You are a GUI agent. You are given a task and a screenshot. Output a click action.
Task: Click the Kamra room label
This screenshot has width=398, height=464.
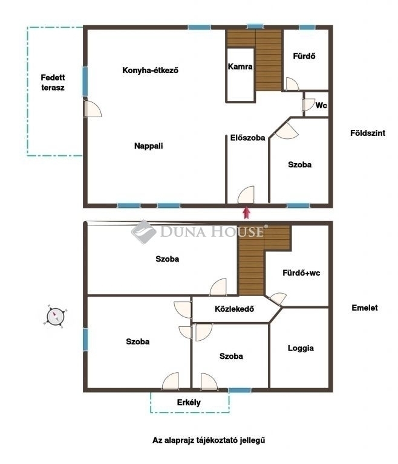[x=240, y=66]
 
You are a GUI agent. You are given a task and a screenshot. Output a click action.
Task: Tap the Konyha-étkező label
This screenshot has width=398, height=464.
[x=150, y=71]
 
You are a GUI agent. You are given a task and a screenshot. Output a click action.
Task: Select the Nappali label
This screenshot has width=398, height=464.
[x=148, y=146]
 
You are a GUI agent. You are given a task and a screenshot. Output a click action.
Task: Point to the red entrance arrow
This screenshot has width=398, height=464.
[x=246, y=213]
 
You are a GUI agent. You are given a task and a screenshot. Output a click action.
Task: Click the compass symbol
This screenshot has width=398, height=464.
[x=55, y=317]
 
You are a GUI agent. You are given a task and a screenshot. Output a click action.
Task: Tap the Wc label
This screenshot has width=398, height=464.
[x=321, y=105]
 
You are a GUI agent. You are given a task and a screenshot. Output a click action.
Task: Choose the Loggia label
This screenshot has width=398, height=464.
[x=301, y=348]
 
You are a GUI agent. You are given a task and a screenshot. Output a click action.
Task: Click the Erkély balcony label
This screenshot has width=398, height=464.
[x=189, y=402]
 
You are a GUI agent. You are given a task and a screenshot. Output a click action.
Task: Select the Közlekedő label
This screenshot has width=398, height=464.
[x=235, y=309]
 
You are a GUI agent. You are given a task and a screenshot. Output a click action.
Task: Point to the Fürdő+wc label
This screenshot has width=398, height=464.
[x=301, y=273]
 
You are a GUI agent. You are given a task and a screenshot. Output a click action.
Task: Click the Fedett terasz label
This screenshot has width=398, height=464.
[x=53, y=83]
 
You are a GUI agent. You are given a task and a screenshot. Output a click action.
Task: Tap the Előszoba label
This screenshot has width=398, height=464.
[x=247, y=138]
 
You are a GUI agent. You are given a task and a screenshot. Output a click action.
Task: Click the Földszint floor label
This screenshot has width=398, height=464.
[x=368, y=133]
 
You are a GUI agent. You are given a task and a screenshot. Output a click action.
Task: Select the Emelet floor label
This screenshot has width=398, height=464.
[x=365, y=308]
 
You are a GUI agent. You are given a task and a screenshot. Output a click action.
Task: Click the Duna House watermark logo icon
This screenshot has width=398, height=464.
[x=144, y=232]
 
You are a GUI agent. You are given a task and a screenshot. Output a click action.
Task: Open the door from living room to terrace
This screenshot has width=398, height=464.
[x=93, y=109]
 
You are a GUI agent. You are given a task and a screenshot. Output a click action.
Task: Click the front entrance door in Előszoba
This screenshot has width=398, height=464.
[x=246, y=195]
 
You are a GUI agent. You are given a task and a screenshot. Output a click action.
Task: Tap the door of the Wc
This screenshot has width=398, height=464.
[x=308, y=105]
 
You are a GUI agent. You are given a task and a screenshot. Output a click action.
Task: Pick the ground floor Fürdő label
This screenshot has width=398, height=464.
[x=304, y=56]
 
